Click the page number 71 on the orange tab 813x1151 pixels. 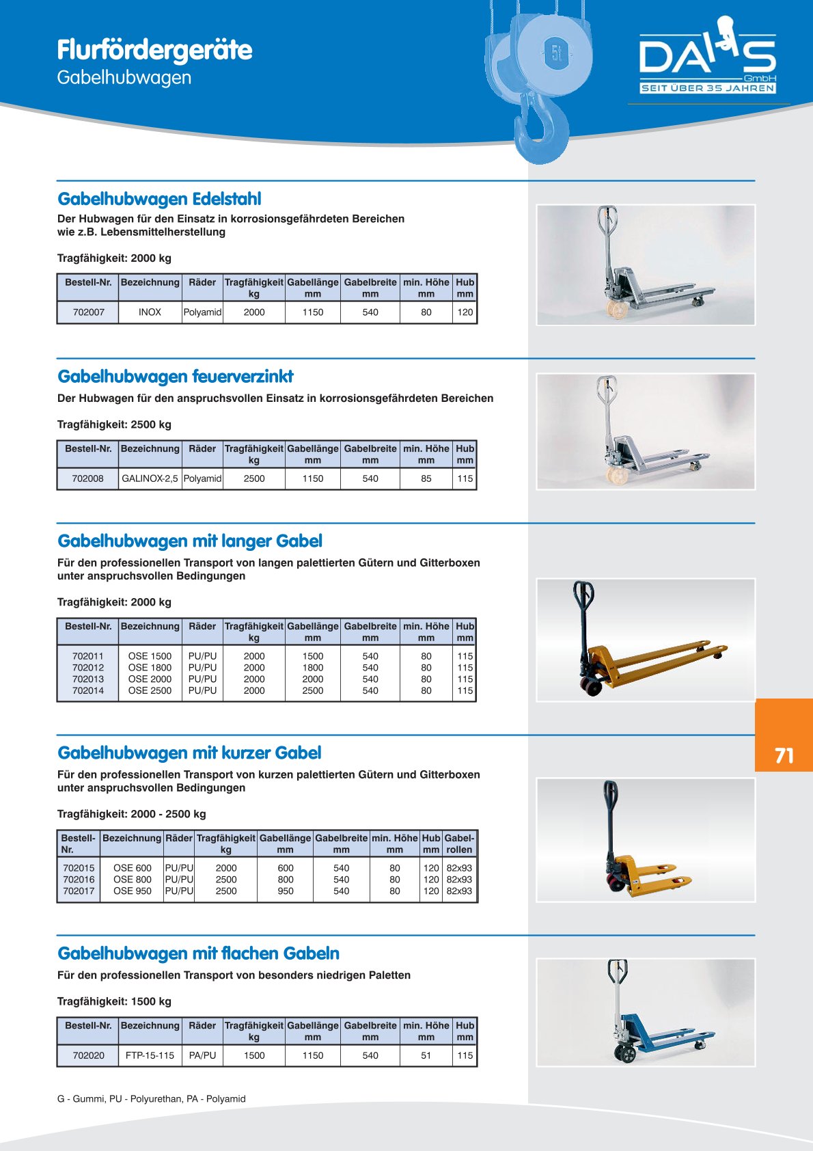click(x=784, y=755)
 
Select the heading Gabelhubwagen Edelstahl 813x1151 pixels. click(x=159, y=199)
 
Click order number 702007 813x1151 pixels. click(x=89, y=312)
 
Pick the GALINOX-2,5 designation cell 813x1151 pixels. click(x=150, y=478)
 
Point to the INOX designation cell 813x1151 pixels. click(x=150, y=312)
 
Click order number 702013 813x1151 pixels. click(x=88, y=679)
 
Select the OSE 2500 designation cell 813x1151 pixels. click(x=150, y=690)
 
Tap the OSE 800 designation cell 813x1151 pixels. click(x=133, y=880)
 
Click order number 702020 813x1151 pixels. click(x=89, y=1055)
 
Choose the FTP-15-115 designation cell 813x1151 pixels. click(x=150, y=1055)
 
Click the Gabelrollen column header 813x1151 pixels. click(x=459, y=843)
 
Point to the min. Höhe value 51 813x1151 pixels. click(x=426, y=1055)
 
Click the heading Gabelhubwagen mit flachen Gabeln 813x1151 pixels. click(x=198, y=953)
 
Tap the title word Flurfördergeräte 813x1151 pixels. click(x=154, y=50)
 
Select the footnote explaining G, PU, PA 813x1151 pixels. click(x=151, y=1099)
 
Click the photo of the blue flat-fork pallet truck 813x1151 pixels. click(x=646, y=1012)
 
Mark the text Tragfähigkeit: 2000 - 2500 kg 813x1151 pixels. click(x=131, y=814)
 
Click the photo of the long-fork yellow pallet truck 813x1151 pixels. click(x=646, y=640)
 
